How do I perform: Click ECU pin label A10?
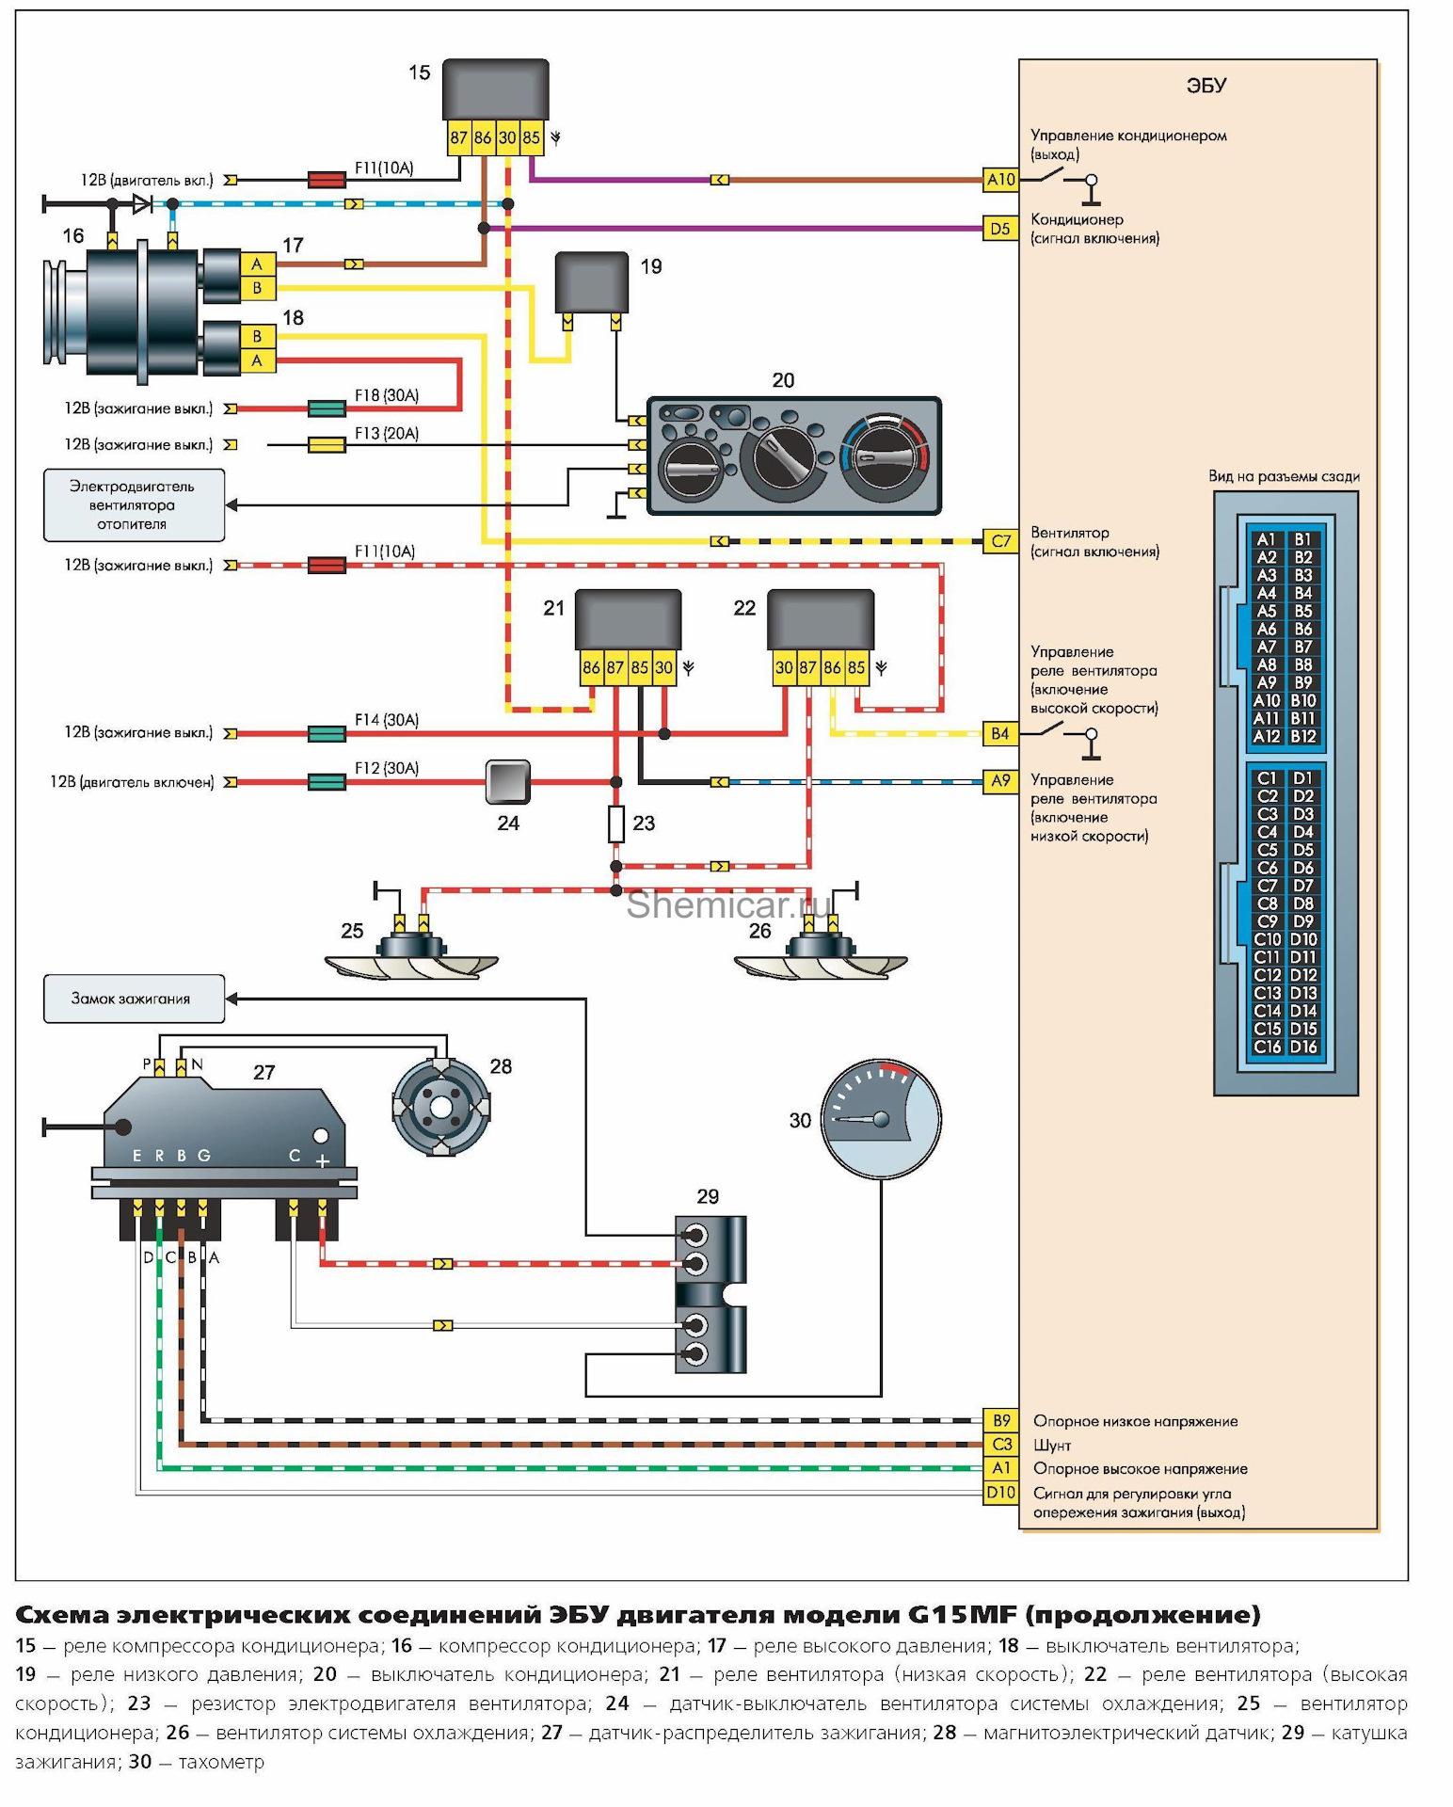[1000, 179]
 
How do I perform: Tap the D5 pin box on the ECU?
[1000, 228]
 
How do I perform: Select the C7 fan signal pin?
[1000, 541]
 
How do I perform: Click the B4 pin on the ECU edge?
[1000, 733]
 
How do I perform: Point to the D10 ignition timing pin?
[1000, 1492]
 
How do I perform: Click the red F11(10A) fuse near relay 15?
[327, 179]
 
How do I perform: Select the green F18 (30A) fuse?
[327, 408]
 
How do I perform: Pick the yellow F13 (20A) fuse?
[327, 444]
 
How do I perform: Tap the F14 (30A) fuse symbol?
[327, 733]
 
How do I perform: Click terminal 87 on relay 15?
[458, 137]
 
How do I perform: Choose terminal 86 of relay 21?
[590, 668]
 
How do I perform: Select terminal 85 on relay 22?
[855, 668]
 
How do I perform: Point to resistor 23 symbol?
[615, 824]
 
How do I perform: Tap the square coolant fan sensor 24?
[507, 782]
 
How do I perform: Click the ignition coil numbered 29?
[711, 1294]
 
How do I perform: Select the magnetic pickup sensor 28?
[440, 1107]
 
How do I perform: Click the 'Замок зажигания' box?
[134, 999]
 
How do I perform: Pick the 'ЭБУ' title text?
[1206, 86]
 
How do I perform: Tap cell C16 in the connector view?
[1267, 1047]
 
